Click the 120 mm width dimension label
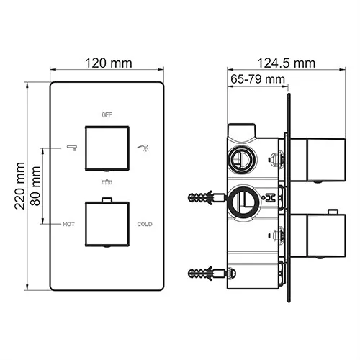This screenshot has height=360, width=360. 107,63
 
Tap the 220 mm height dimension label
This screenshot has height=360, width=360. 20,185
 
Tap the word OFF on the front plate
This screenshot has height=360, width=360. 107,114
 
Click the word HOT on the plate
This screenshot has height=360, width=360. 68,224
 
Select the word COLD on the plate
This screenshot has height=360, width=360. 145,224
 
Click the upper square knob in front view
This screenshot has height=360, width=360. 107,147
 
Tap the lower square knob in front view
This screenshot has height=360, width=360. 107,223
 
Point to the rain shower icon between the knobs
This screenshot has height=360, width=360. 107,181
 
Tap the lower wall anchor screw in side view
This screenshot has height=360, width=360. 209,273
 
